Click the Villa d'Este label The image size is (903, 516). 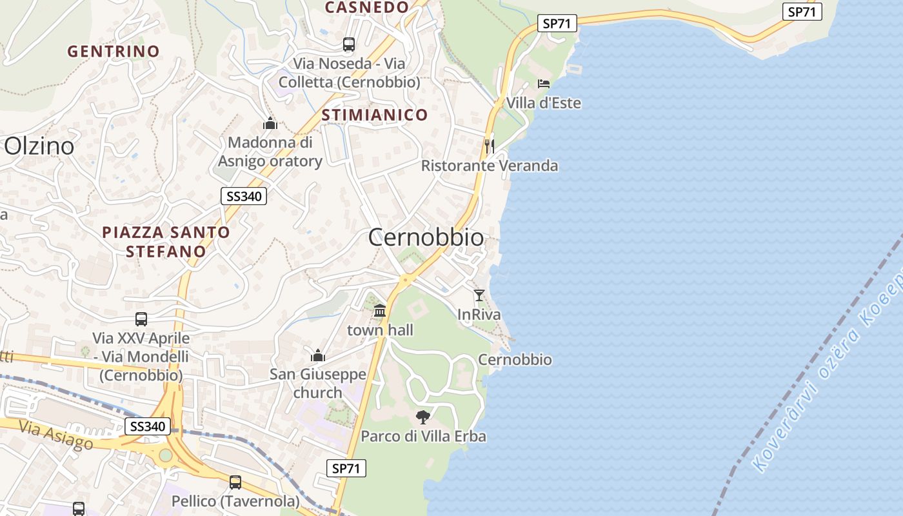click(x=543, y=103)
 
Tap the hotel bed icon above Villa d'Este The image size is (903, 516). click(x=544, y=84)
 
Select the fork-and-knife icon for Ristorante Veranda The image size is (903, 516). click(x=490, y=146)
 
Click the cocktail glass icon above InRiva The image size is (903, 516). click(x=479, y=295)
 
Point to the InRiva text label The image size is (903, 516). click(x=479, y=315)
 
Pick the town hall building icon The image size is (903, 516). click(x=380, y=311)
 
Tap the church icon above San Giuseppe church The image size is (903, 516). click(x=317, y=355)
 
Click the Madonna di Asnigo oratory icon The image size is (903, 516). click(x=270, y=123)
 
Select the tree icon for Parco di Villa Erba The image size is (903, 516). click(x=423, y=417)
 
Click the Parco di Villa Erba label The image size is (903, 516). click(x=423, y=437)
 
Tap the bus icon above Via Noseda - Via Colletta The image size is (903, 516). click(x=349, y=45)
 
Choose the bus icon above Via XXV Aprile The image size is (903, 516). click(x=141, y=319)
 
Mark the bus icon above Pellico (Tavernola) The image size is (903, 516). click(x=235, y=482)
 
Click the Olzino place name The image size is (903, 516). click(x=39, y=146)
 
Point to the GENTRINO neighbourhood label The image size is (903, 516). click(x=114, y=52)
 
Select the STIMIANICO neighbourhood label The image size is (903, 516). click(x=374, y=115)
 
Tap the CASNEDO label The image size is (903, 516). click(x=366, y=8)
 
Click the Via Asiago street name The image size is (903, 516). click(x=56, y=435)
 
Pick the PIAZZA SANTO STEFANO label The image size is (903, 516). click(x=166, y=242)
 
